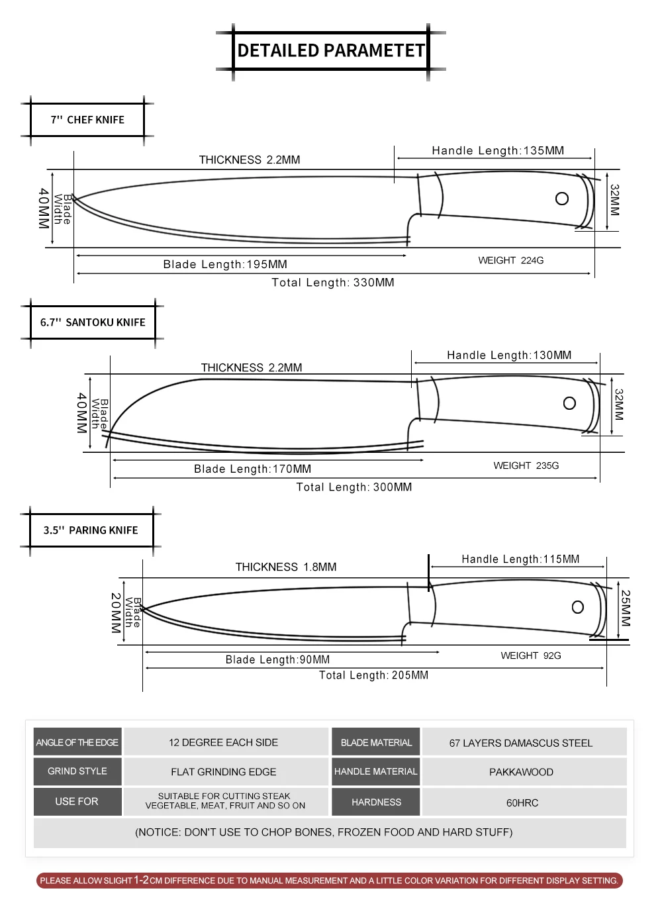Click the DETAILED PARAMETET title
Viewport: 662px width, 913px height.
[331, 50]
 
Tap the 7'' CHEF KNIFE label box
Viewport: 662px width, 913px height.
[87, 119]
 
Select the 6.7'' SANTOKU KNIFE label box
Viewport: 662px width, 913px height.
[93, 322]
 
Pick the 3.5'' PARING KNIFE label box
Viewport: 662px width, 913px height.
[91, 530]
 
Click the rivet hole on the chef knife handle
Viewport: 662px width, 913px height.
[562, 199]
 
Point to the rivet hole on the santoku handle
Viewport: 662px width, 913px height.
[569, 403]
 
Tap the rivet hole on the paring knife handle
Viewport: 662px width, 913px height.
[578, 607]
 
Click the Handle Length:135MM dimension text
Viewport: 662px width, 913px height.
[498, 150]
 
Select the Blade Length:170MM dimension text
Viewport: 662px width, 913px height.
[252, 469]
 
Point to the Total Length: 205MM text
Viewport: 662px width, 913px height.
[373, 675]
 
